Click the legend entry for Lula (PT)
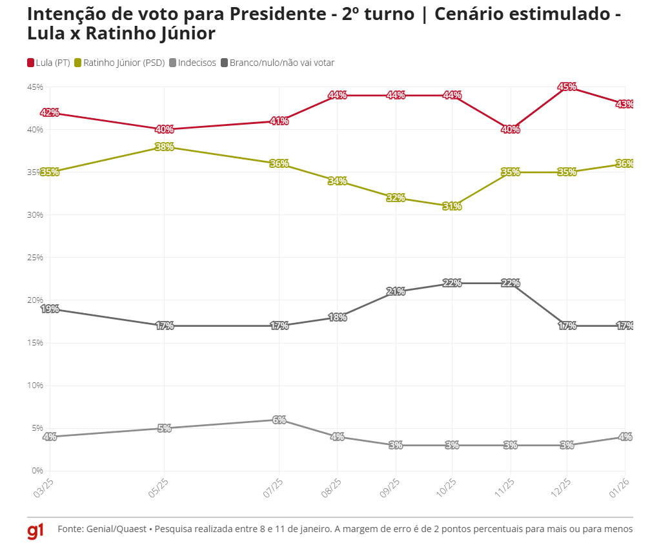[48, 63]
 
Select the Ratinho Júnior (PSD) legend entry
[120, 63]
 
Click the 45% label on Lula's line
[567, 87]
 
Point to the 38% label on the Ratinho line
[164, 147]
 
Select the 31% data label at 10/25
[452, 207]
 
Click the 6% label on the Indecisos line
[279, 420]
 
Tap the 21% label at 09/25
[396, 291]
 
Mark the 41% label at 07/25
[279, 121]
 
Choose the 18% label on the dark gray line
[338, 317]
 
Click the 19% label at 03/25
[50, 309]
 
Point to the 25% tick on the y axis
[34, 257]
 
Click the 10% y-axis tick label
[34, 386]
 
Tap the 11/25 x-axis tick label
[505, 488]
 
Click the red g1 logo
[36, 531]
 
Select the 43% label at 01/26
[624, 104]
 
